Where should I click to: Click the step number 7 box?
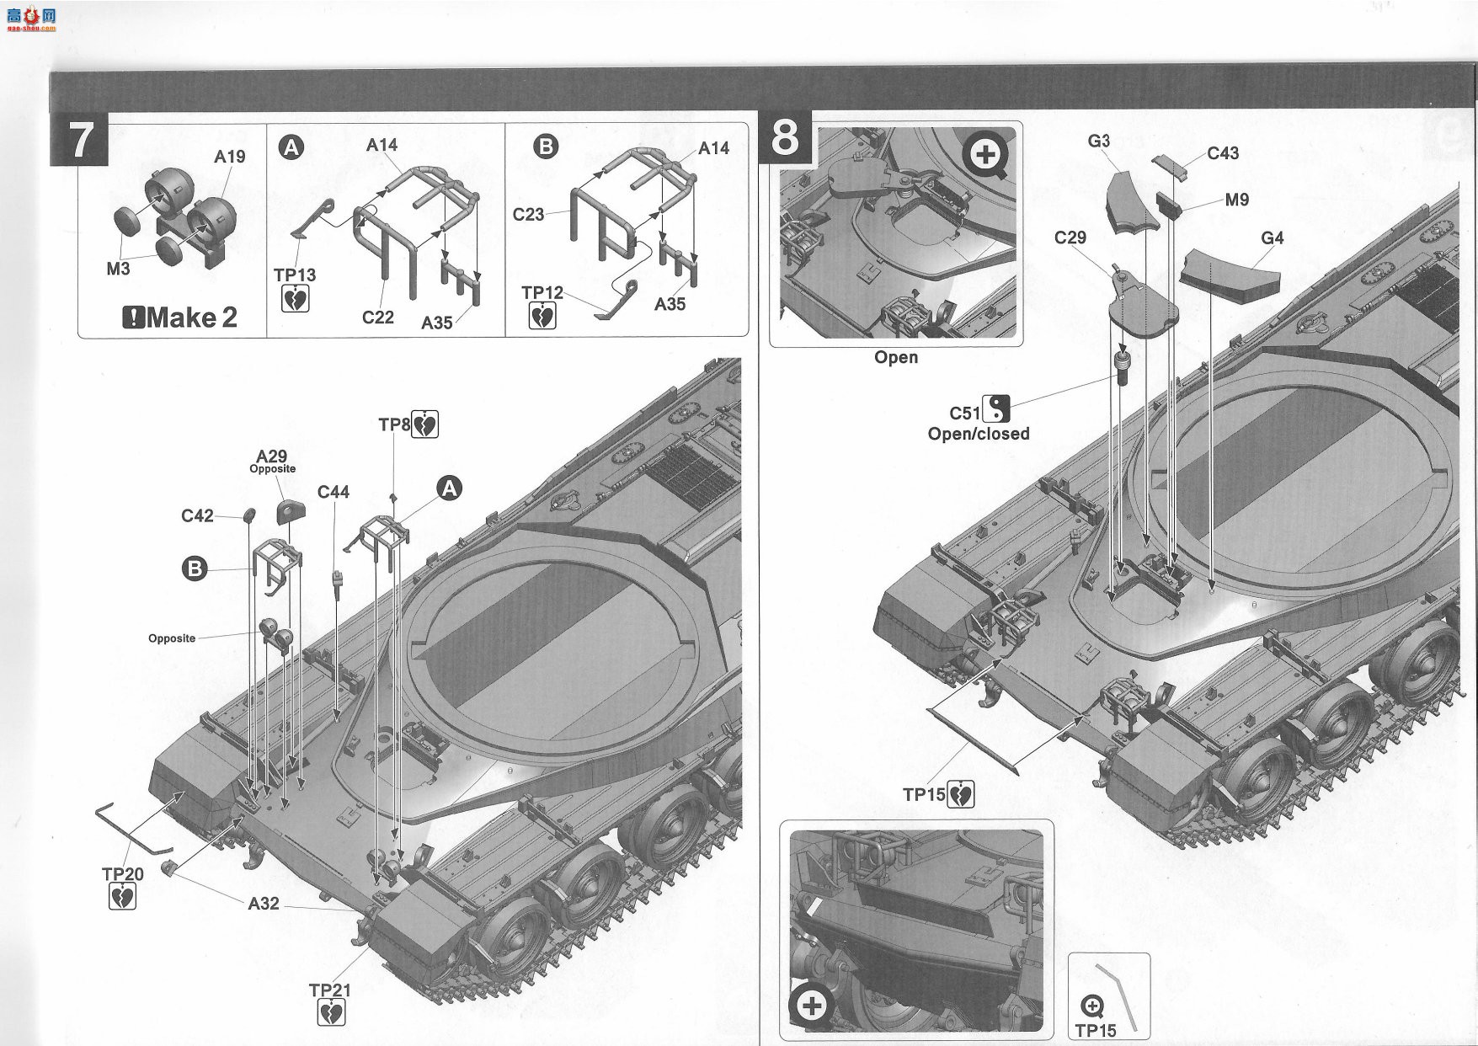(x=79, y=140)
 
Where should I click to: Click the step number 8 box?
(x=785, y=137)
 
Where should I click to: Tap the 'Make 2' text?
(x=180, y=318)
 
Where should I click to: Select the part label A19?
(x=229, y=157)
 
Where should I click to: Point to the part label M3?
(x=118, y=268)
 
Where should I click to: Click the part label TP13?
(x=295, y=275)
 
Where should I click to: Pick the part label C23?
(x=528, y=215)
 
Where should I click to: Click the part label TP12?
(x=542, y=292)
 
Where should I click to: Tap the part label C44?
(x=333, y=492)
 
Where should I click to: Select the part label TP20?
(x=123, y=874)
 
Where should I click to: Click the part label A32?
(x=263, y=903)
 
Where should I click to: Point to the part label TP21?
(x=330, y=990)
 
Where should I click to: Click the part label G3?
(x=1099, y=141)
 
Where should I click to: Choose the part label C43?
(x=1223, y=153)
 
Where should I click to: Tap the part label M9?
(x=1237, y=200)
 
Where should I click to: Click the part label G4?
(x=1273, y=238)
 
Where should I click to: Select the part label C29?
(x=1070, y=238)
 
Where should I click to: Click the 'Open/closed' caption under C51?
(x=979, y=434)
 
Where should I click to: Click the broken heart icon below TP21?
(x=332, y=1013)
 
